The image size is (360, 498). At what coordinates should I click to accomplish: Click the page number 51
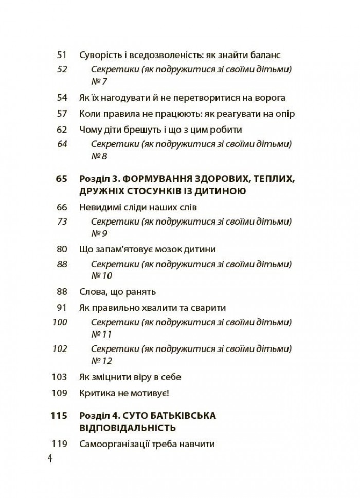[62, 55]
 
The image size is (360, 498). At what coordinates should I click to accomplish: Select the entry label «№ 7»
[99, 81]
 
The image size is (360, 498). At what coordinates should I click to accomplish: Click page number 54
[62, 98]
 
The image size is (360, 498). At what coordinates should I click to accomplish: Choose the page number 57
[62, 114]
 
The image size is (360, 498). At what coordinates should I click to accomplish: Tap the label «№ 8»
[99, 156]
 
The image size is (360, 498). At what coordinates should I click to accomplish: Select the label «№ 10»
[101, 275]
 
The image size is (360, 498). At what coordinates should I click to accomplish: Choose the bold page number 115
[60, 416]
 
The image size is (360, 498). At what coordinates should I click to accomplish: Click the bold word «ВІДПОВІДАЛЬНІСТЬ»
[129, 428]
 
